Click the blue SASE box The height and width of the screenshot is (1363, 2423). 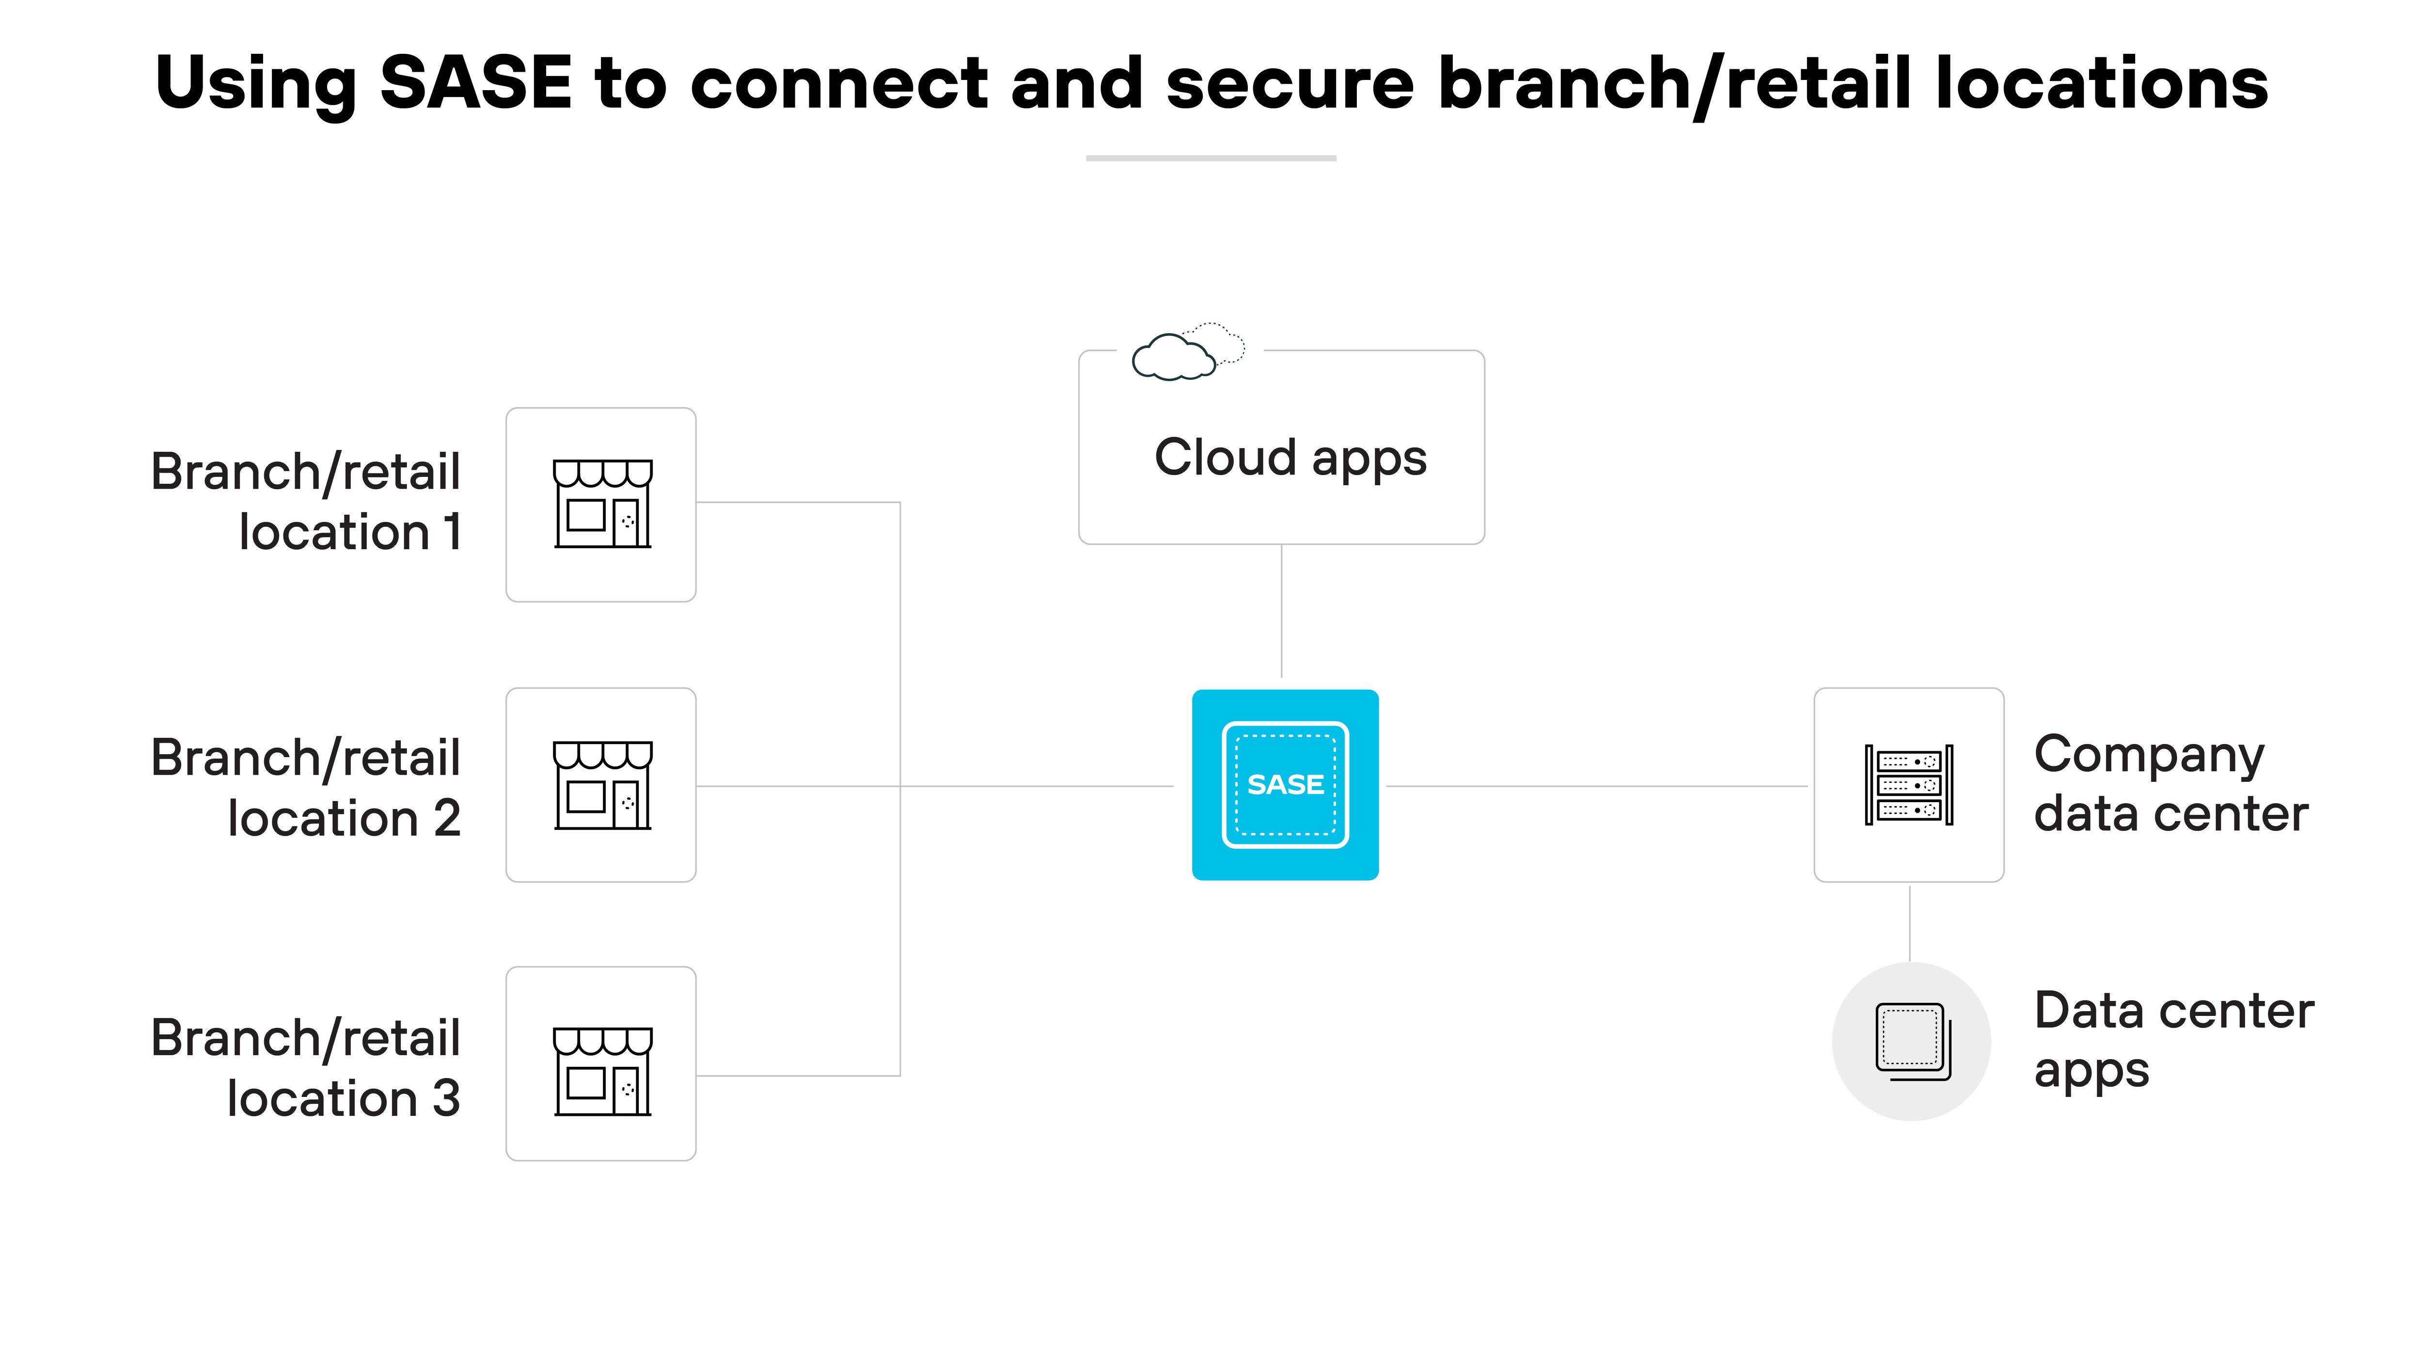point(1285,785)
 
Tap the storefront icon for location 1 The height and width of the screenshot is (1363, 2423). point(602,504)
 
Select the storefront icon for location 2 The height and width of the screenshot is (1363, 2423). point(602,785)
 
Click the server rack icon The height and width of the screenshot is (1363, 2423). point(1908,785)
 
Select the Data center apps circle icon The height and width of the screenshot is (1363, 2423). point(1911,1041)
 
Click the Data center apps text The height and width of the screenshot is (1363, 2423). point(2173,1039)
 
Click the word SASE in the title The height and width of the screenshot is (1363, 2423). point(476,83)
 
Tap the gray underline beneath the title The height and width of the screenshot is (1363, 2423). point(1211,158)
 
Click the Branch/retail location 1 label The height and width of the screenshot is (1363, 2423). point(306,501)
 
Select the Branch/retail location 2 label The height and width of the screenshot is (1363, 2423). point(306,787)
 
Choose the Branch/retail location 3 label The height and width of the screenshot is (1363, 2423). point(306,1068)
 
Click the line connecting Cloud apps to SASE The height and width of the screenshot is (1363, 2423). point(1281,611)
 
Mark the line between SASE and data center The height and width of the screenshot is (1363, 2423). point(1596,785)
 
